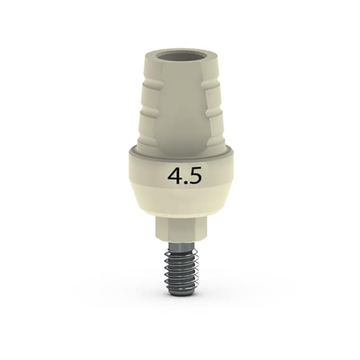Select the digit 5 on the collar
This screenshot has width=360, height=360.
196,175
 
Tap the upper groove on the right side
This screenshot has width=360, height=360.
211,87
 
